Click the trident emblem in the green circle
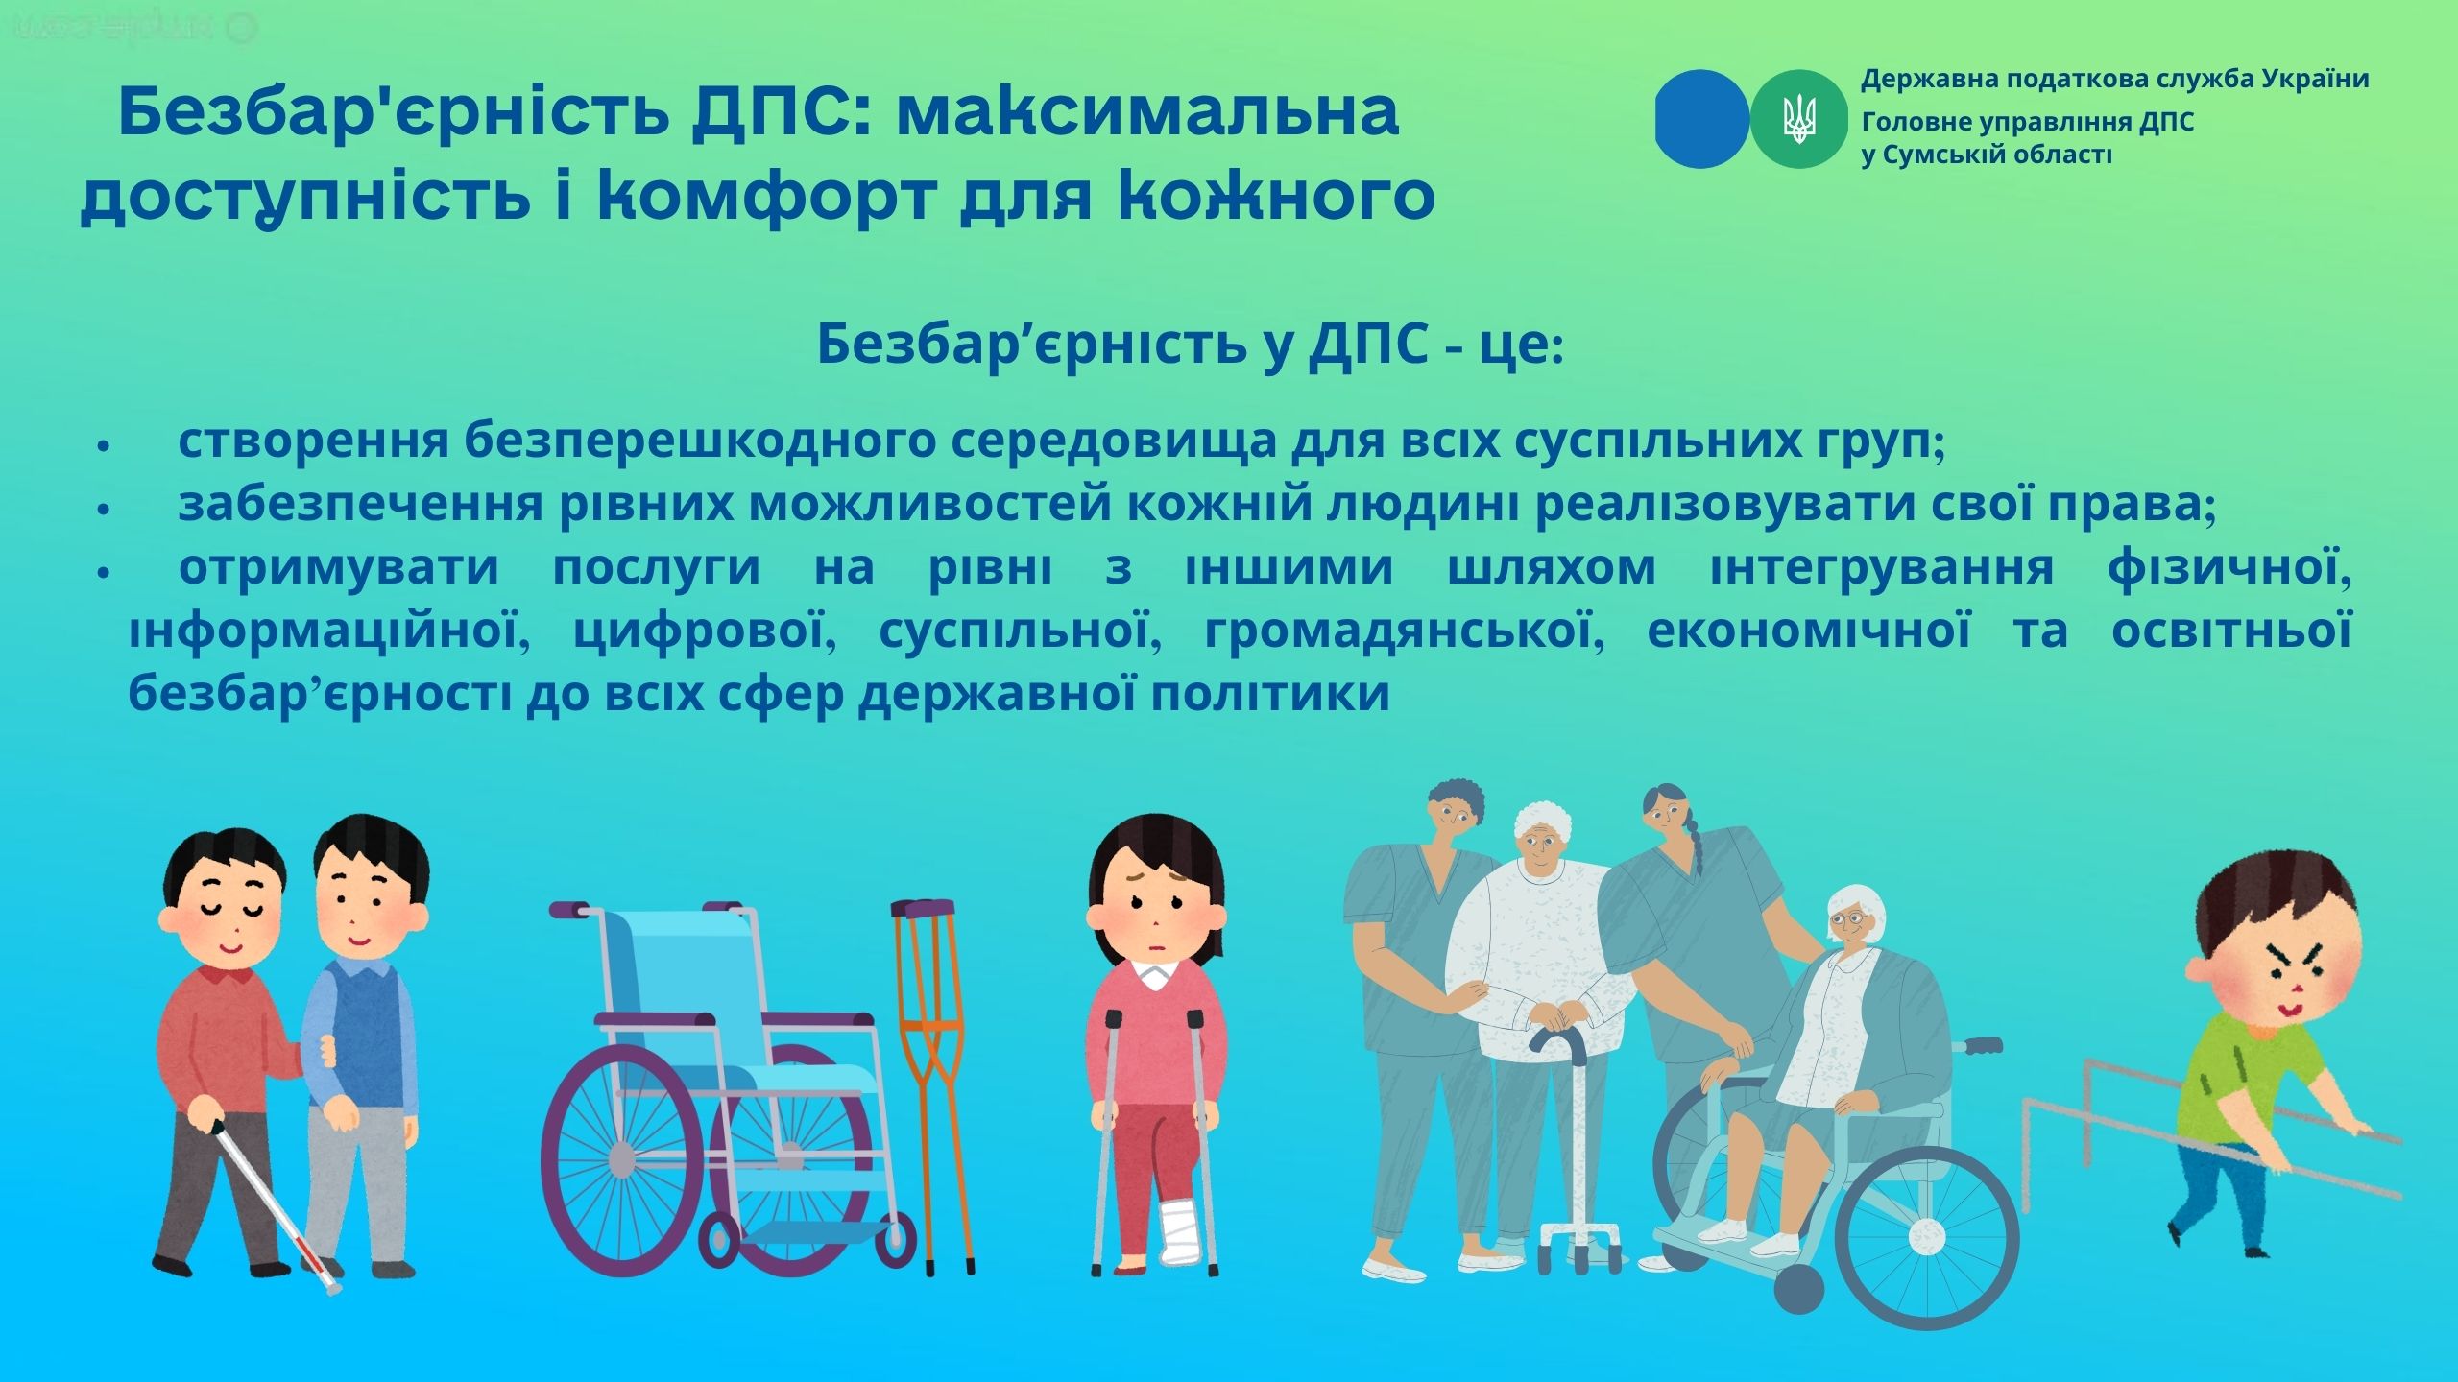tap(1798, 120)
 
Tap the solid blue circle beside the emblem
tap(1703, 120)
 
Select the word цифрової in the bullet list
tap(700, 632)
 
